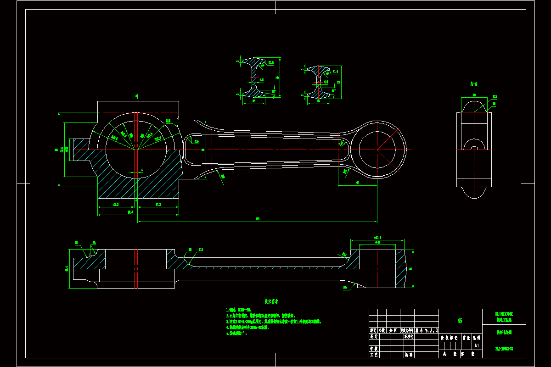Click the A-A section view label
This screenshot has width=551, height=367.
pyautogui.click(x=474, y=84)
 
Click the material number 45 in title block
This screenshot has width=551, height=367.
pyautogui.click(x=460, y=321)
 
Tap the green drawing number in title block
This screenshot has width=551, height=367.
pyautogui.click(x=504, y=349)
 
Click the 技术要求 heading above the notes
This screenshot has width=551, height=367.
pyautogui.click(x=271, y=302)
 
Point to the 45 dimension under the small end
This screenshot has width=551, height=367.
pyautogui.click(x=357, y=183)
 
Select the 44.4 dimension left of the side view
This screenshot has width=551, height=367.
pyautogui.click(x=67, y=269)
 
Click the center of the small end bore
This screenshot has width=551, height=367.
pyautogui.click(x=377, y=150)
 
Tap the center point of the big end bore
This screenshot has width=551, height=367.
pyautogui.click(x=135, y=150)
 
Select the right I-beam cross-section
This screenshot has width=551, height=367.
pyautogui.click(x=319, y=83)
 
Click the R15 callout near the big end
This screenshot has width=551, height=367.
pyautogui.click(x=169, y=121)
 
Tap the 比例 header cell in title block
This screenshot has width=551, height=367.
pyautogui.click(x=477, y=337)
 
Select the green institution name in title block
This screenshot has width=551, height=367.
pyautogui.click(x=504, y=317)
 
